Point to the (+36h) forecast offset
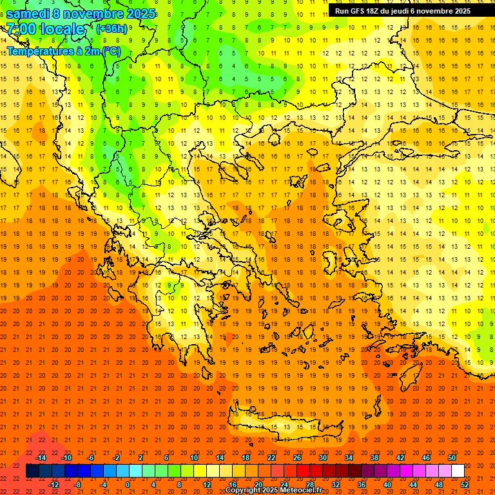point(112,29)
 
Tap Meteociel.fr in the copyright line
point(302,490)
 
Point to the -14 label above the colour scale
point(41,458)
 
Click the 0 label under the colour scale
point(128,485)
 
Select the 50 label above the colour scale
point(452,458)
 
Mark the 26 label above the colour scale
point(297,458)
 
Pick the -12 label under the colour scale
point(53,485)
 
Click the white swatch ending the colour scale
point(458,471)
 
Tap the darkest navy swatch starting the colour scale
point(32,471)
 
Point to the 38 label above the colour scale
point(374,458)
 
